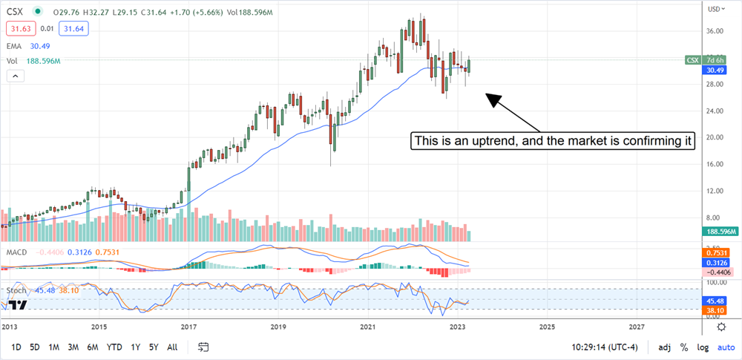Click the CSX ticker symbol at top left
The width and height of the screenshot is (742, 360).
coord(16,12)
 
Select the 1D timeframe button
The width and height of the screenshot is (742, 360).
coord(16,347)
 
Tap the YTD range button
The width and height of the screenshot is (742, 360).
coord(114,347)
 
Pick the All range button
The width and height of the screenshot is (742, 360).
coord(172,347)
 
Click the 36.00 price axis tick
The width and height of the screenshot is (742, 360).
coord(715,31)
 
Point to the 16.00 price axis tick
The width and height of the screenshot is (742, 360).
coord(715,164)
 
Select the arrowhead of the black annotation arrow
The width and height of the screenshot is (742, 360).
coord(490,98)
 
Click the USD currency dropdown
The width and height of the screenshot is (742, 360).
coord(716,9)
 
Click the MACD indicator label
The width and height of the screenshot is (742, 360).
coord(17,252)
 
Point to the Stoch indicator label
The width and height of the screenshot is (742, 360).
coord(18,289)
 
